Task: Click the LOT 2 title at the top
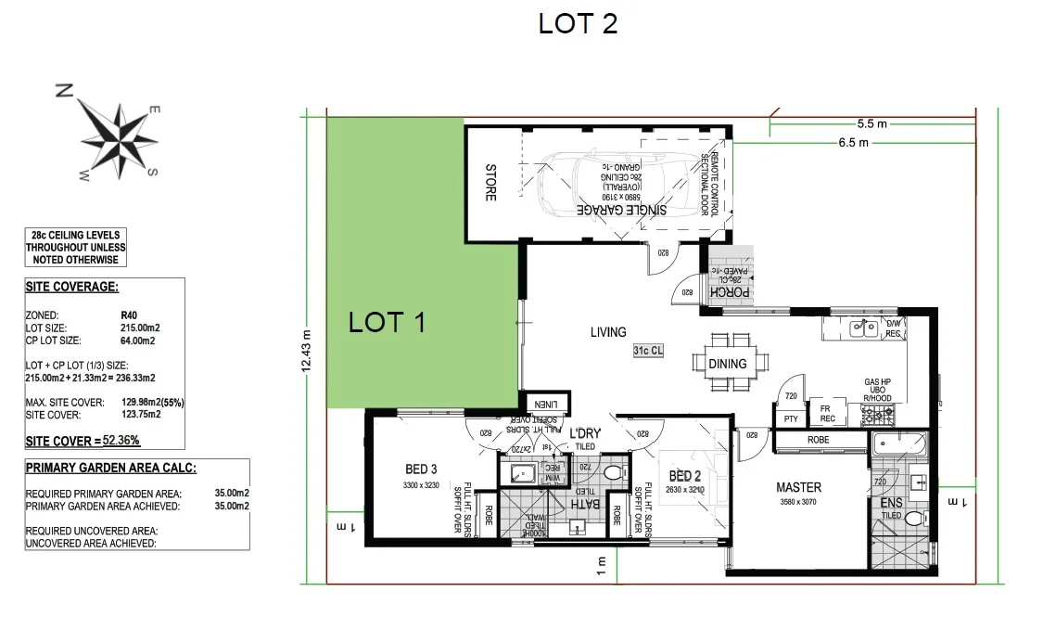(x=578, y=23)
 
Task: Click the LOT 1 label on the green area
(x=387, y=322)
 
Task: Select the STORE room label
(x=491, y=183)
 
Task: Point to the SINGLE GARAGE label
(x=622, y=211)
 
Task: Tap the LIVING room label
(x=607, y=331)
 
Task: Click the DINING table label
(x=727, y=364)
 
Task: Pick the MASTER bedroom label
(x=798, y=487)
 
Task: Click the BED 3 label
(x=421, y=469)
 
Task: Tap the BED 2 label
(x=685, y=477)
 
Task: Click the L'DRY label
(x=585, y=434)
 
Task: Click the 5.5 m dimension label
(x=871, y=123)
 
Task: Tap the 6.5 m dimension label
(x=853, y=143)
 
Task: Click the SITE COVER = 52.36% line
(x=83, y=441)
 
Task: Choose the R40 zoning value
(x=129, y=315)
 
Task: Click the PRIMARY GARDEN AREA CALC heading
(x=110, y=469)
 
